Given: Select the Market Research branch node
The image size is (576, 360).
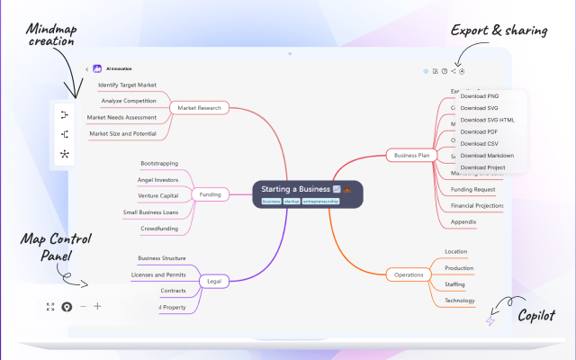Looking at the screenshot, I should click(200, 108).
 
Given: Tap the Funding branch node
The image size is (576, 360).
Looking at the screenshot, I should click(210, 193).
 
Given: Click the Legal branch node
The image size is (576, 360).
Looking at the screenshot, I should click(214, 281).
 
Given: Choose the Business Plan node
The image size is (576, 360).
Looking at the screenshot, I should click(411, 155).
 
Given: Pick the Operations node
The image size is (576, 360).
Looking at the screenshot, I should click(409, 274).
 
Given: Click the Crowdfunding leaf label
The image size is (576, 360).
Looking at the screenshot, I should click(158, 229).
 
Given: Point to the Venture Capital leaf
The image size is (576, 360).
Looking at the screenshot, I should click(157, 195).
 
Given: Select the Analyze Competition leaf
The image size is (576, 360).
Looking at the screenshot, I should click(129, 101).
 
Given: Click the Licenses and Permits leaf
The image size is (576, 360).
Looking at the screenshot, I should click(158, 274).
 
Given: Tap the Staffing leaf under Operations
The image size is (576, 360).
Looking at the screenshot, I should click(454, 284).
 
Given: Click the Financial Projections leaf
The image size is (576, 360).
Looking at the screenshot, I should click(477, 205).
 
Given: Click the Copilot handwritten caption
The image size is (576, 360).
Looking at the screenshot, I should click(536, 316).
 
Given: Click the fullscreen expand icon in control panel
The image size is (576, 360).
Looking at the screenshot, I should click(50, 307).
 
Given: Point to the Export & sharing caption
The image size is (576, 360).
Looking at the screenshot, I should click(499, 31).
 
